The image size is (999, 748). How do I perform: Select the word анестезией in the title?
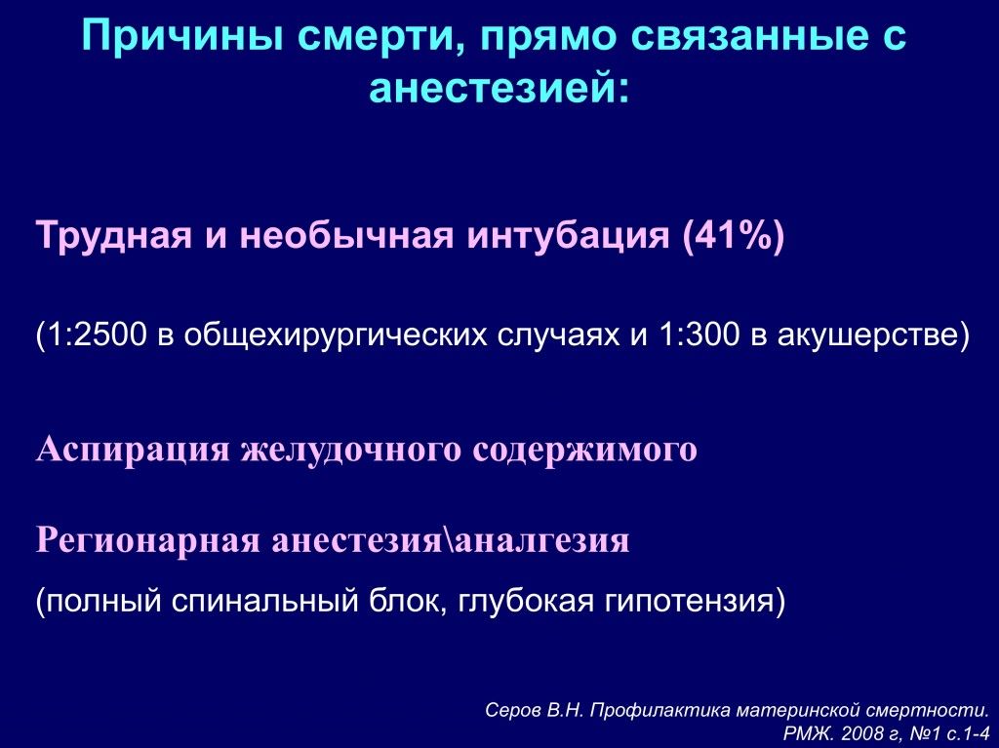click(492, 89)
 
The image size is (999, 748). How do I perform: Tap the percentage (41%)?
click(733, 236)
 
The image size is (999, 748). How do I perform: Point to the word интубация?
click(569, 237)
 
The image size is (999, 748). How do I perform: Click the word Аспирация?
click(133, 450)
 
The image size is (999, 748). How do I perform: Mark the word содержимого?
click(585, 450)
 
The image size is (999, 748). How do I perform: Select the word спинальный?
click(265, 601)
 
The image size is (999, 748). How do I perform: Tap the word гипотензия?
click(687, 601)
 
